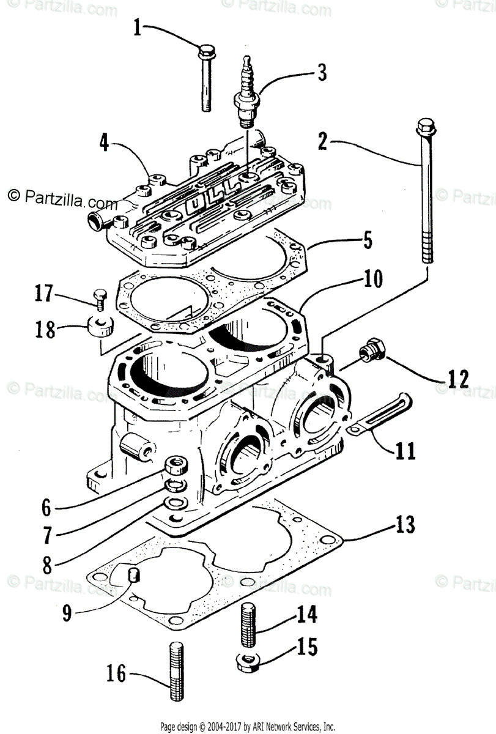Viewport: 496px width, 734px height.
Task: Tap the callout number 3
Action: [321, 73]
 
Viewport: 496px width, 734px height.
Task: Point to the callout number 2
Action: [322, 142]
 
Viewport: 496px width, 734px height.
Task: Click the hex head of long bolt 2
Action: [424, 128]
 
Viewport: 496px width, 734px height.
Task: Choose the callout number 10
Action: [374, 280]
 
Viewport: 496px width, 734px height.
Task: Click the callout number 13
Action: [405, 525]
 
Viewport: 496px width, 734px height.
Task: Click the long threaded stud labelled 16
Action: [174, 672]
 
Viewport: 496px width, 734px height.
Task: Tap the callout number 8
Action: [48, 565]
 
